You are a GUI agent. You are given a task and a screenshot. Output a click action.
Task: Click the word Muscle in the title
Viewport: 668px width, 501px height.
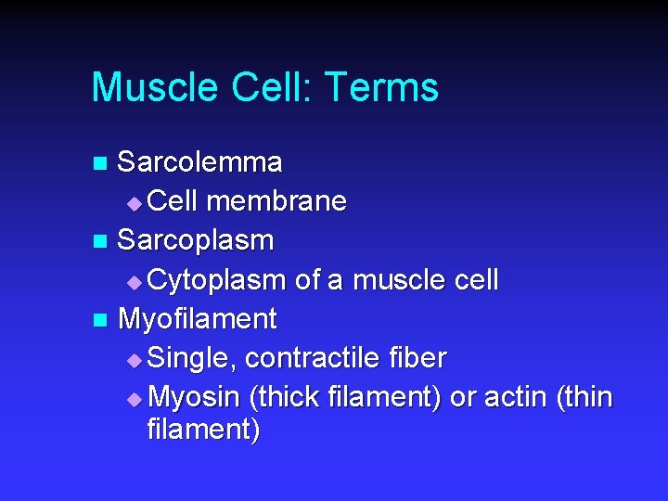154,87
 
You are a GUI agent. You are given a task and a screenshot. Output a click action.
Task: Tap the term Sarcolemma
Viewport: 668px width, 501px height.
199,162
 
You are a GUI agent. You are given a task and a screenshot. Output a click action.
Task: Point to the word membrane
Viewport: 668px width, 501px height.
277,201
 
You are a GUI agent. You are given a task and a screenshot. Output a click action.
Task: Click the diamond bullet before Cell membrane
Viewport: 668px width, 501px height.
135,203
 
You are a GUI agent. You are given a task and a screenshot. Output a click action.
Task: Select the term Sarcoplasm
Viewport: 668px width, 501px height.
196,240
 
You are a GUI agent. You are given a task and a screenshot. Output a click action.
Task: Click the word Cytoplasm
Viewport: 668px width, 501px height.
217,279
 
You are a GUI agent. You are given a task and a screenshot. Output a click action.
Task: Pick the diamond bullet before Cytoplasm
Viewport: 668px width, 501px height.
135,281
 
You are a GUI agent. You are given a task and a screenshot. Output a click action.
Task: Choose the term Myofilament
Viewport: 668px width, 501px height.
198,319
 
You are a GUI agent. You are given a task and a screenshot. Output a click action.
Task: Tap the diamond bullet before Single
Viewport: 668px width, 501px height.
135,360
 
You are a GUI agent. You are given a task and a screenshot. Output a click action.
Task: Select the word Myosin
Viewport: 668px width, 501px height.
195,397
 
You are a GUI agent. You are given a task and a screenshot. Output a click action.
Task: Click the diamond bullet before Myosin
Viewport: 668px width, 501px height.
135,399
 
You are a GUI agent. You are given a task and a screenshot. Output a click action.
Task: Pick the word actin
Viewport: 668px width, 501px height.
513,397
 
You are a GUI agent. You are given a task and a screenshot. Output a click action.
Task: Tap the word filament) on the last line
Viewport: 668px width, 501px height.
203,430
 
